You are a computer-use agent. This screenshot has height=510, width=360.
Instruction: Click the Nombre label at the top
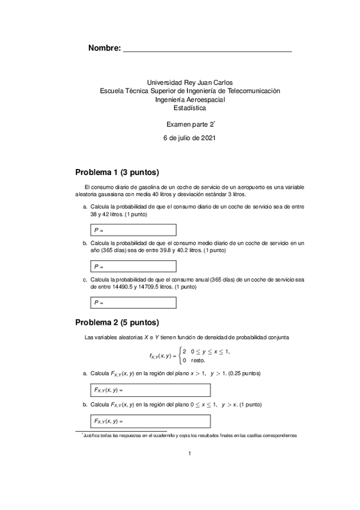click(104, 48)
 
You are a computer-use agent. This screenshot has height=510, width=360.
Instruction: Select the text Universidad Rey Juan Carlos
click(189, 82)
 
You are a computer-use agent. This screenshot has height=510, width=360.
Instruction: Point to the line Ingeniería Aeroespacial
click(189, 100)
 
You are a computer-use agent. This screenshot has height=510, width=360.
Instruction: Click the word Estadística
click(189, 108)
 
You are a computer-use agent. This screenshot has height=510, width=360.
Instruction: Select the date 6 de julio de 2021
click(189, 138)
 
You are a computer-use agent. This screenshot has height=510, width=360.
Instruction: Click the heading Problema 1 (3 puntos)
click(117, 171)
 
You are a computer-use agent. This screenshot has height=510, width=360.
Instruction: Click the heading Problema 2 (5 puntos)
click(117, 322)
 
